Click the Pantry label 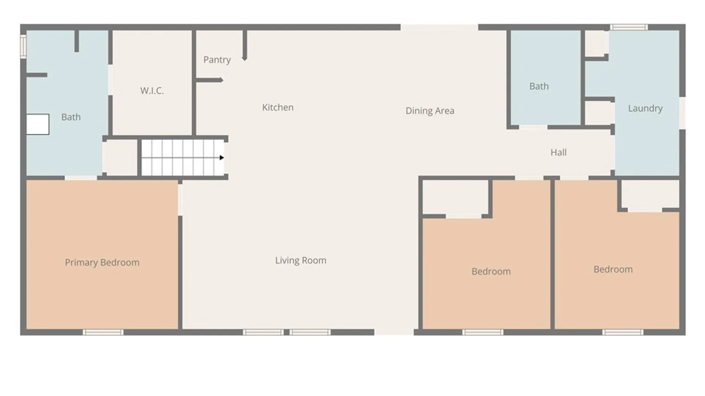[217, 60]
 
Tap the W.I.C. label [152, 91]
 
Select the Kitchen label [278, 107]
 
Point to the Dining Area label [430, 111]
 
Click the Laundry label [645, 109]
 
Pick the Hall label [558, 152]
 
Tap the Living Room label [301, 260]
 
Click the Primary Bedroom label [102, 263]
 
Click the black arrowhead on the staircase [222, 158]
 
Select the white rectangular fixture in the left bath [38, 124]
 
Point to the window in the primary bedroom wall [103, 332]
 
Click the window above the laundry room [629, 27]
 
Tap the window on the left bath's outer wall [23, 46]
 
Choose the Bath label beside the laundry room [539, 86]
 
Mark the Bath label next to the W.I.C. [71, 117]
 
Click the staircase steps [183, 158]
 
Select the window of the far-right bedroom [623, 332]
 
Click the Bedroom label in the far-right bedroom [613, 269]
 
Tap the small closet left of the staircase [120, 158]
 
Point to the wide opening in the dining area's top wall [439, 27]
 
